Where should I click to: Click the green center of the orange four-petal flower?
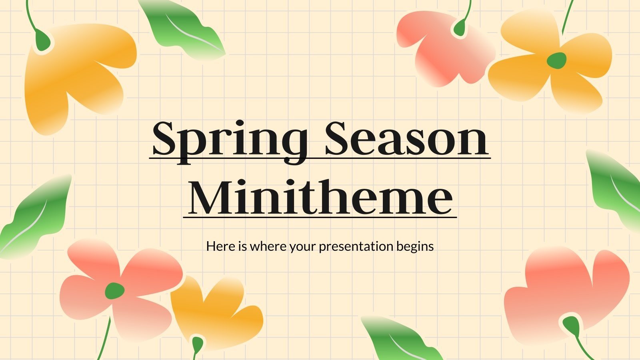(x=556, y=60)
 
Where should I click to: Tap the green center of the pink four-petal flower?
(x=114, y=290)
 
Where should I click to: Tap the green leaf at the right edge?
(x=614, y=188)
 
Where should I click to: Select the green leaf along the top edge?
(x=184, y=28)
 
